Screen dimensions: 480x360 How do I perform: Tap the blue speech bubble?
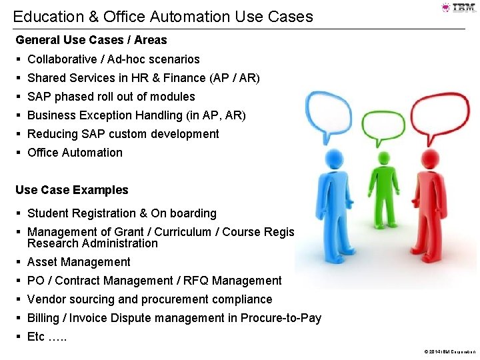(327, 113)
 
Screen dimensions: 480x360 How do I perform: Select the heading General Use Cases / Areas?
(91, 40)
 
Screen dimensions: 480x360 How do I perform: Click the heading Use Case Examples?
(72, 190)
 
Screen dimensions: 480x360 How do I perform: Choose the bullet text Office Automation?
(75, 153)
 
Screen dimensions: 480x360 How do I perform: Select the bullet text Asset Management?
(79, 262)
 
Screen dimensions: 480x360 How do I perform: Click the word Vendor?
(47, 299)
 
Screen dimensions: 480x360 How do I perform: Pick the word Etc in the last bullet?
(36, 337)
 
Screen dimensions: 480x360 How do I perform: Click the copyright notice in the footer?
(449, 351)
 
